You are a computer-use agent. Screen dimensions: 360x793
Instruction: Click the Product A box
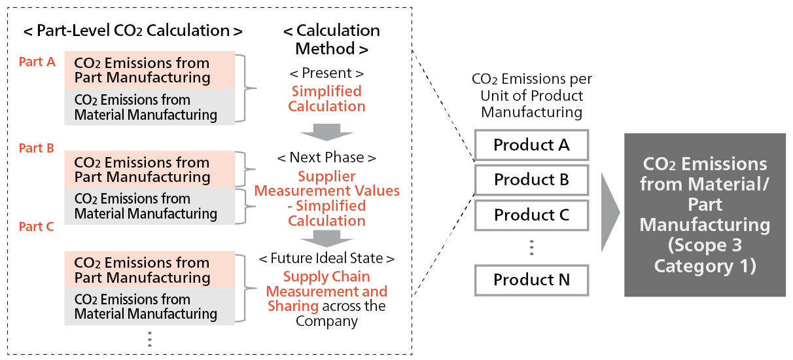(x=531, y=145)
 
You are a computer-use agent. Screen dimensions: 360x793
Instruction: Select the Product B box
(x=531, y=179)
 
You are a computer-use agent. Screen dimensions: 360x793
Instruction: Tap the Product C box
(x=531, y=215)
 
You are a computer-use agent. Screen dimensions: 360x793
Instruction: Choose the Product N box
(x=531, y=279)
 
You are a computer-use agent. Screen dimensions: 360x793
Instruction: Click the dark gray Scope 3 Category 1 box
(x=705, y=215)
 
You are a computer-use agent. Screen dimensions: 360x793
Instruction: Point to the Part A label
(x=37, y=62)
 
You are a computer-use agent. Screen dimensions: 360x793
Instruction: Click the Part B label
(x=37, y=148)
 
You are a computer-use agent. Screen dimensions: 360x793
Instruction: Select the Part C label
(x=37, y=226)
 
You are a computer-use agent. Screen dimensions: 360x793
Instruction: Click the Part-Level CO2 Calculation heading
(x=133, y=31)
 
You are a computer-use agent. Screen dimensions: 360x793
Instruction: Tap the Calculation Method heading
(x=331, y=39)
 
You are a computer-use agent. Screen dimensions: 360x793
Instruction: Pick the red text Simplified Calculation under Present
(x=326, y=99)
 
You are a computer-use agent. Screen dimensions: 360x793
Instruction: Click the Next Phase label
(x=326, y=158)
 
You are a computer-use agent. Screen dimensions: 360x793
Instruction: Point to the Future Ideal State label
(x=326, y=259)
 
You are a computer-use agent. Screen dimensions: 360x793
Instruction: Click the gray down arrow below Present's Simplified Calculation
(x=326, y=132)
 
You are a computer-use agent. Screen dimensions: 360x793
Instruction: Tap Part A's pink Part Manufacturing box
(x=150, y=70)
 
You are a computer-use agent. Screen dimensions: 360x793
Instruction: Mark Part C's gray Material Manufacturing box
(x=150, y=307)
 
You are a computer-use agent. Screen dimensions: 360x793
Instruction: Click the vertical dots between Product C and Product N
(x=531, y=247)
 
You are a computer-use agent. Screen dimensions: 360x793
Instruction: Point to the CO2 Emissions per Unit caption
(x=531, y=96)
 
